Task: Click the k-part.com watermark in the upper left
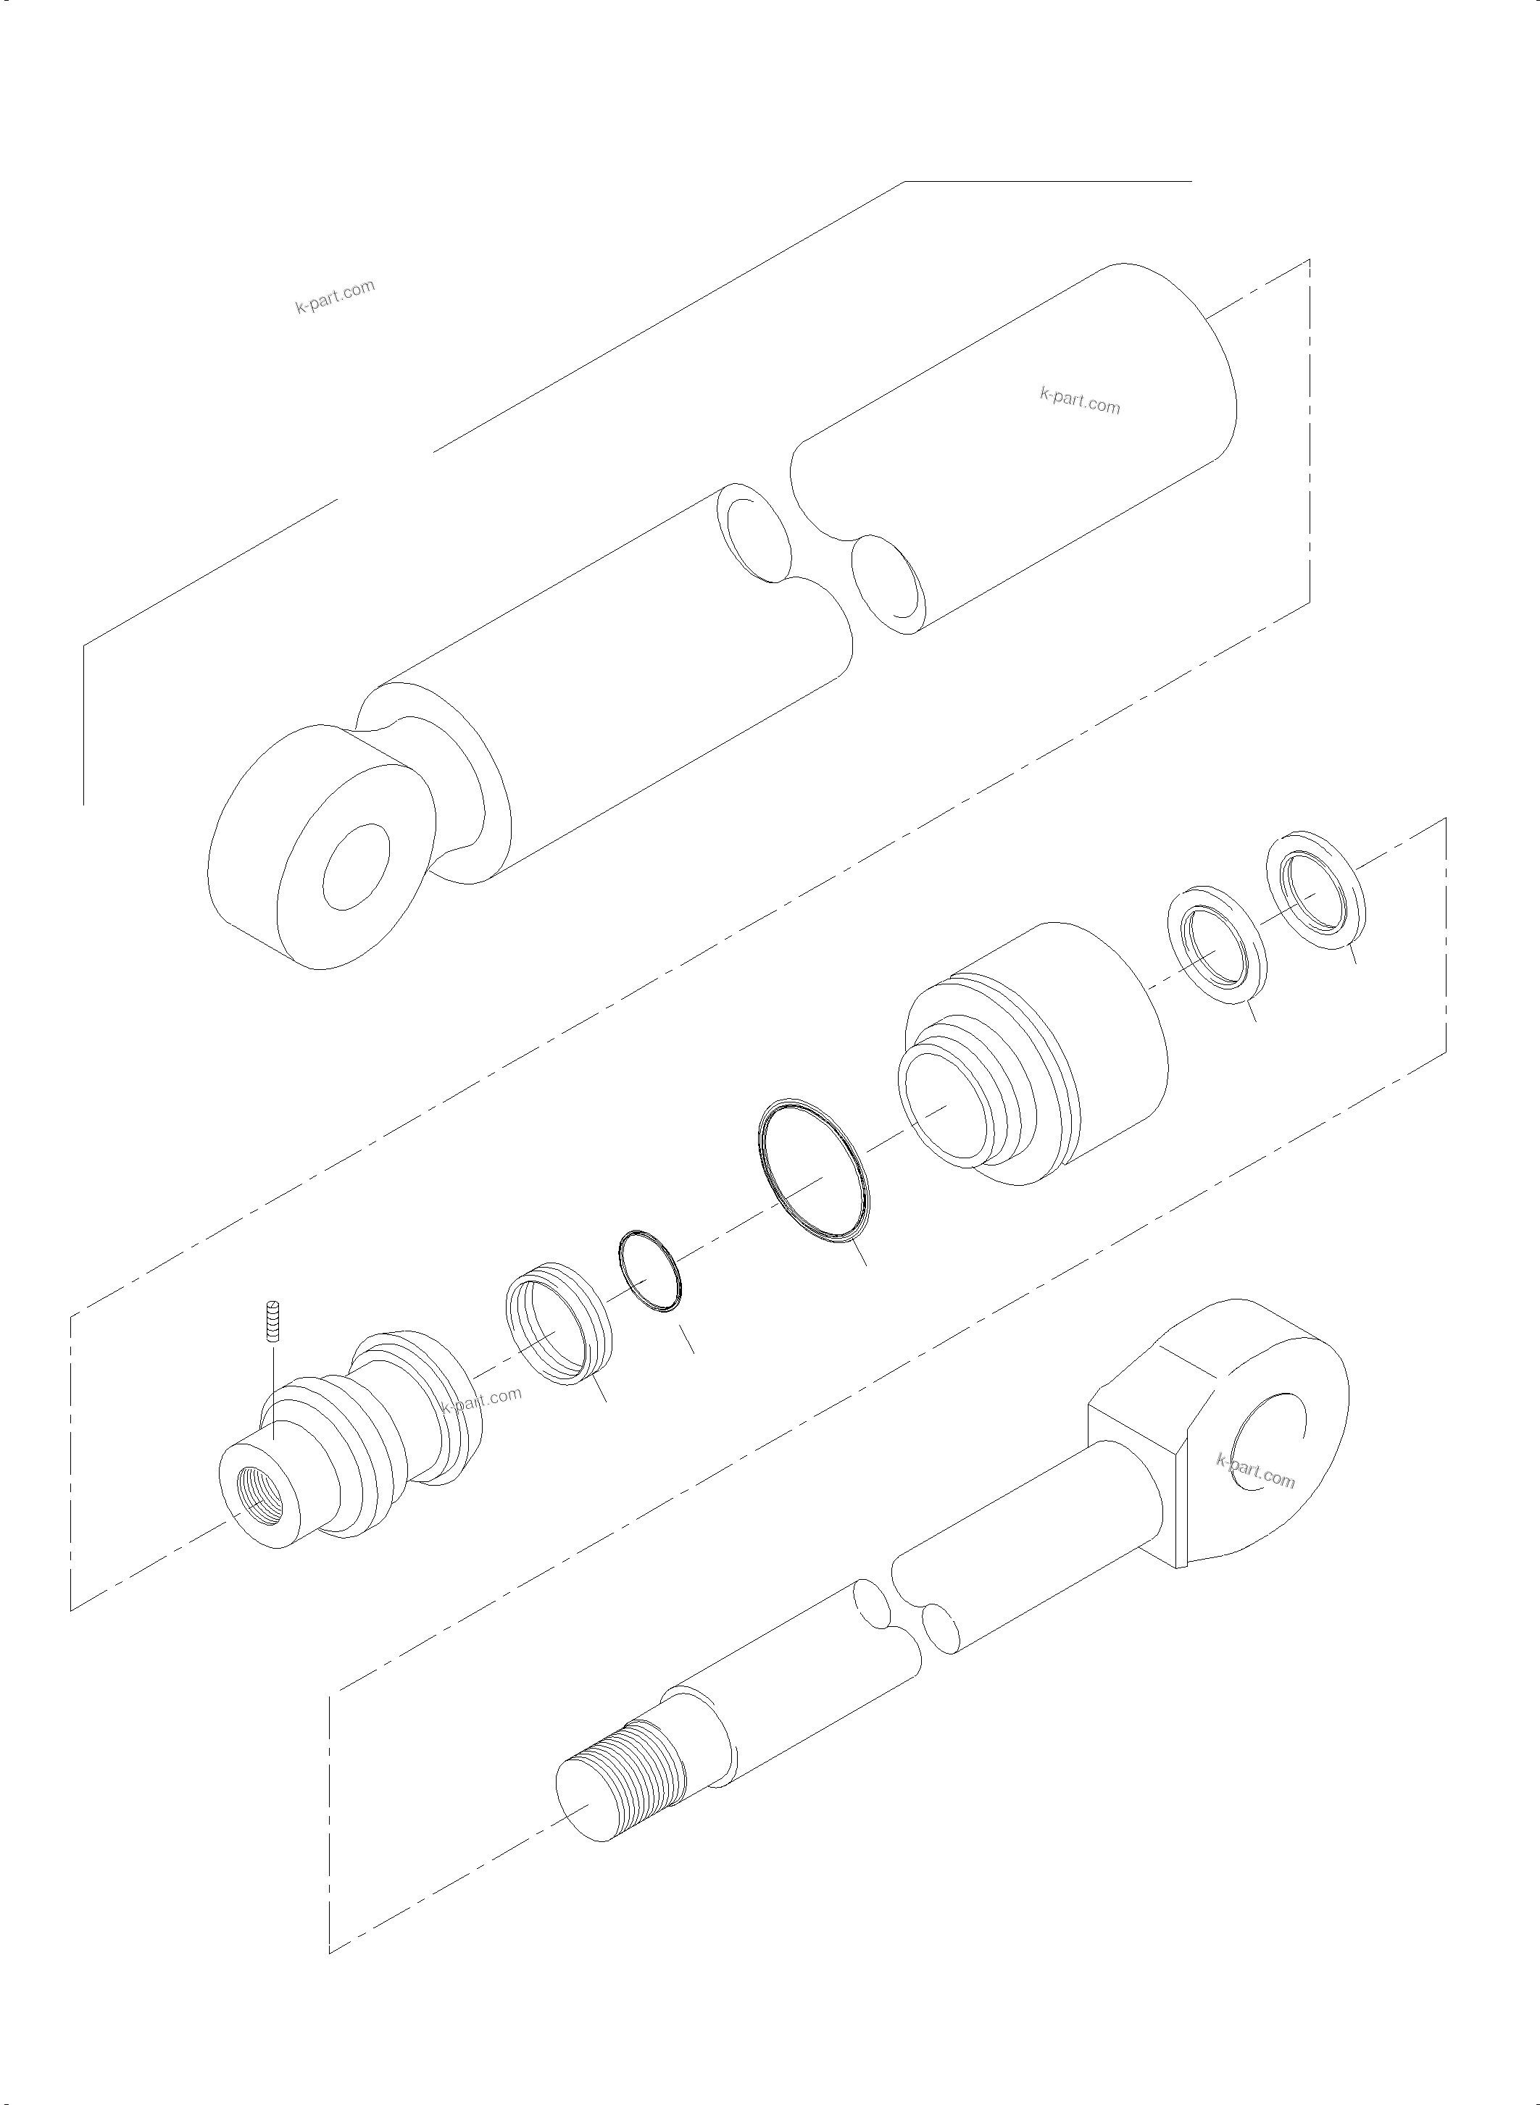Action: coord(336,296)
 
